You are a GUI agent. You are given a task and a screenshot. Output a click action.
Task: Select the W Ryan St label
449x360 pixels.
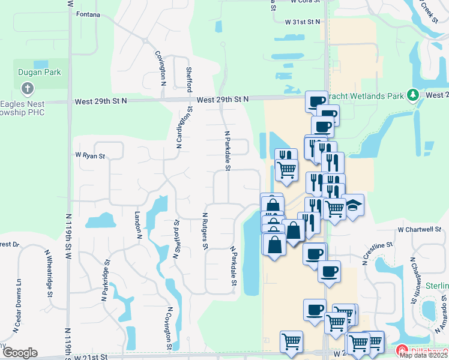tap(90, 156)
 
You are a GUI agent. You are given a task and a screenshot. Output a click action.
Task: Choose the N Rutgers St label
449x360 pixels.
tap(205, 231)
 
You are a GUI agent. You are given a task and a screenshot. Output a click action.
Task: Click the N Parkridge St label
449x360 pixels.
tap(106, 280)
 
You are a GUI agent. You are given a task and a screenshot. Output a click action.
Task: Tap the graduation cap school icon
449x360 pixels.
tap(353, 205)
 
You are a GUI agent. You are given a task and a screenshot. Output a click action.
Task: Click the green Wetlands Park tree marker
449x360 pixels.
tap(412, 95)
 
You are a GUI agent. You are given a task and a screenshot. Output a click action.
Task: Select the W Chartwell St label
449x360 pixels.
tap(420, 229)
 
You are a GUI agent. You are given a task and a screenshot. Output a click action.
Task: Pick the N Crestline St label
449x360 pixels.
tap(377, 253)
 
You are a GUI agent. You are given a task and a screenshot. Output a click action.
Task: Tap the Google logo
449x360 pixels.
tap(20, 353)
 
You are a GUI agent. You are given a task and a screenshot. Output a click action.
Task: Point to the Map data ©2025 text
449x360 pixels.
tap(423, 355)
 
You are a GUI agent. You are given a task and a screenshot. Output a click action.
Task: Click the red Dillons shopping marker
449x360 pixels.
tap(402, 350)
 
